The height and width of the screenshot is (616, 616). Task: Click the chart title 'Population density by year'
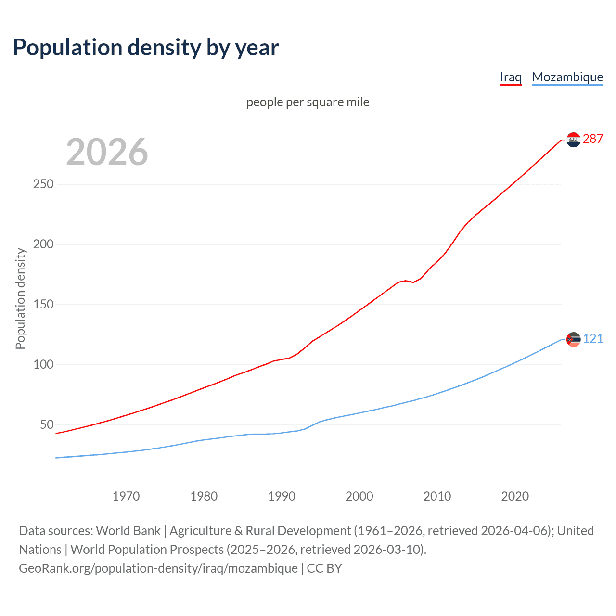click(x=146, y=48)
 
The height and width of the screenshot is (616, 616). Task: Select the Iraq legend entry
click(x=511, y=77)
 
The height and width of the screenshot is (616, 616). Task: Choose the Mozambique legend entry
click(x=567, y=77)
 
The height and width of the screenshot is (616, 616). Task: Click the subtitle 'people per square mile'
click(x=308, y=102)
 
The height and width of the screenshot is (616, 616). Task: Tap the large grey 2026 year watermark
click(x=107, y=152)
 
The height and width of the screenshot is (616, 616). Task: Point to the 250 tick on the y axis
click(x=43, y=184)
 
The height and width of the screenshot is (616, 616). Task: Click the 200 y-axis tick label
click(x=43, y=244)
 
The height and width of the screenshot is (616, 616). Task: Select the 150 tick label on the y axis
click(x=43, y=305)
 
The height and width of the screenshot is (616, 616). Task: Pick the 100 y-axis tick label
click(x=43, y=365)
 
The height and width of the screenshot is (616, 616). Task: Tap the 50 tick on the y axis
click(x=47, y=425)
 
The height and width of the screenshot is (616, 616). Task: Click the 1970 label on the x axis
click(x=126, y=496)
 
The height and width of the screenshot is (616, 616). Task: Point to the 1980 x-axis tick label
click(x=204, y=496)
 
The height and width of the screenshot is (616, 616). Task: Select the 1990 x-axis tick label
click(x=282, y=496)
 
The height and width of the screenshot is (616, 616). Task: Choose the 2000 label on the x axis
click(x=359, y=496)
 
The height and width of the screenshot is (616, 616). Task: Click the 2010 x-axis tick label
click(x=437, y=496)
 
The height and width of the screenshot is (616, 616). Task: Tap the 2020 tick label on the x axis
click(x=515, y=496)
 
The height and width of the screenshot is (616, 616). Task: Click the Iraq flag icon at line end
click(x=573, y=140)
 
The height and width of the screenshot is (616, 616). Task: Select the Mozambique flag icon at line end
click(x=573, y=339)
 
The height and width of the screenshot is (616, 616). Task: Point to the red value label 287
click(x=593, y=139)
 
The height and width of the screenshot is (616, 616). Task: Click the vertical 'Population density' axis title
click(x=20, y=298)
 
